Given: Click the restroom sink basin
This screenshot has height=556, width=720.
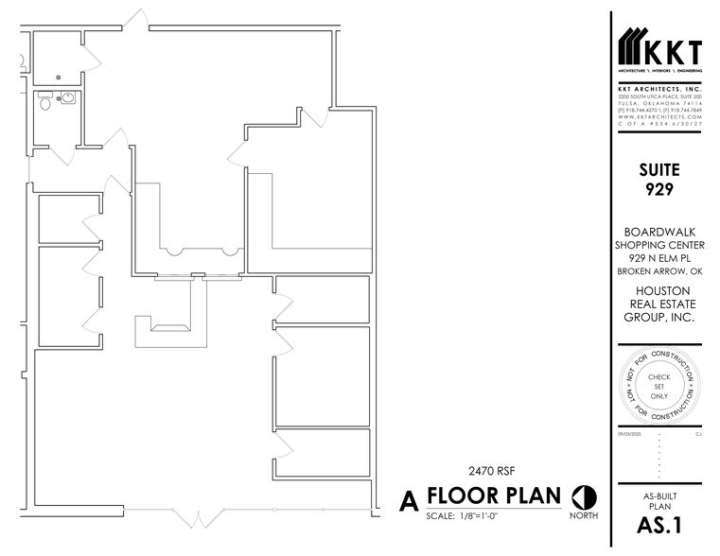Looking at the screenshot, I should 69,97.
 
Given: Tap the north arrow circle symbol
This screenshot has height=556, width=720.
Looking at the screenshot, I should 583,496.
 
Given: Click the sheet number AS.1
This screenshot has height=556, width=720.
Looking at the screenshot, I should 659,526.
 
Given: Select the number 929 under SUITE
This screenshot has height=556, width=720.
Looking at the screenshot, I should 659,190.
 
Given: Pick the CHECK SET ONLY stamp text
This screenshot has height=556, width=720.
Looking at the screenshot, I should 659,387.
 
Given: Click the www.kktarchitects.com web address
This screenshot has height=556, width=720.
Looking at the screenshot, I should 659,116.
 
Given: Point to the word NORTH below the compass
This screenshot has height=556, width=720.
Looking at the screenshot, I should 583,517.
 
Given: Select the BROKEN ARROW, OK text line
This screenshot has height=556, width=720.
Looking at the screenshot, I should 659,271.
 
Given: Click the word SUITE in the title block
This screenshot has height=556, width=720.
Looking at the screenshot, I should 659,171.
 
